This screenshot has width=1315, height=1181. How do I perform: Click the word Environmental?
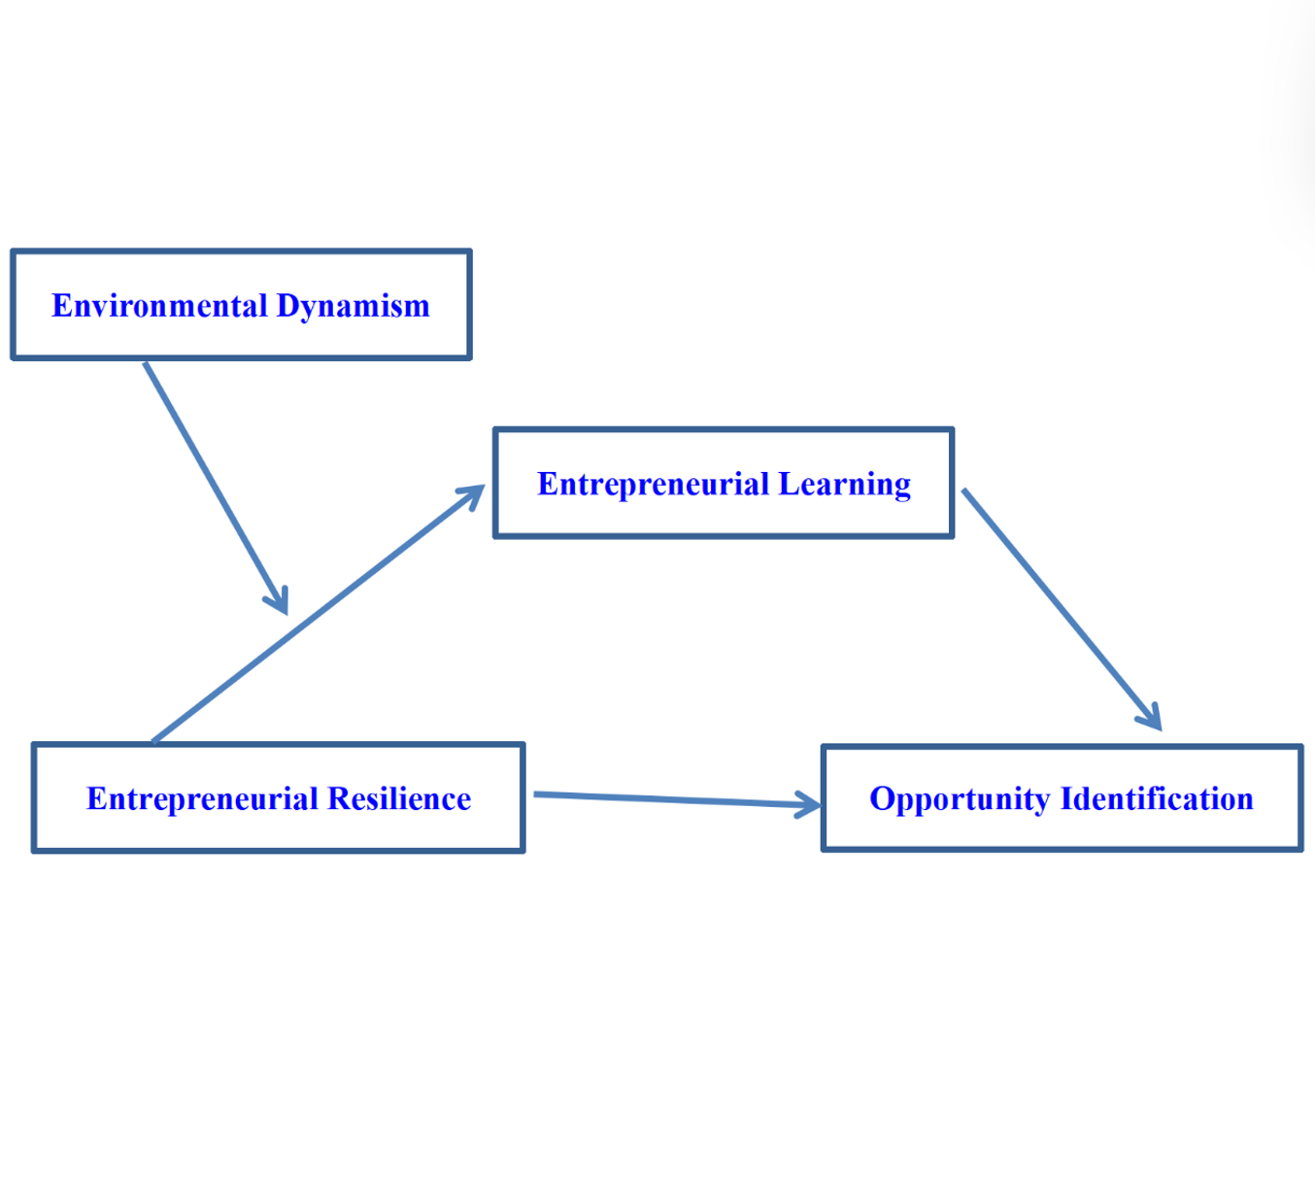tap(159, 306)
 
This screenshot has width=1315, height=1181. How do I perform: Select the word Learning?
tap(845, 485)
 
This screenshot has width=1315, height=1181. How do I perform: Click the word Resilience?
tap(399, 798)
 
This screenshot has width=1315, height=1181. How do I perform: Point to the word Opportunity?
tap(960, 799)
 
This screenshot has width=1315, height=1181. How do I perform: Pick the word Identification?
tap(1157, 798)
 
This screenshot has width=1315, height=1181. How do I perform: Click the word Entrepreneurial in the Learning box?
tap(653, 485)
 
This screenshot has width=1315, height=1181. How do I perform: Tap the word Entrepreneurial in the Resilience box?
tap(202, 798)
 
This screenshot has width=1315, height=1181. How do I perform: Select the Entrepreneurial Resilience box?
tap(279, 831)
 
